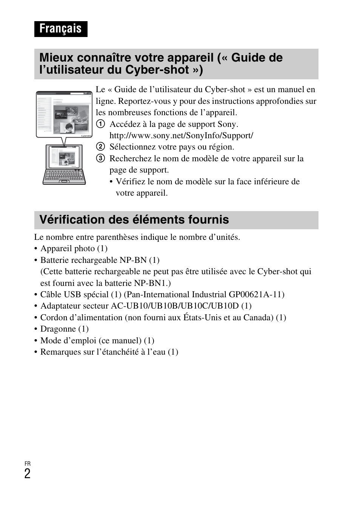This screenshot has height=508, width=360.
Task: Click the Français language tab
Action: (x=60, y=29)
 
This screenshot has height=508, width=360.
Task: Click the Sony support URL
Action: (x=181, y=136)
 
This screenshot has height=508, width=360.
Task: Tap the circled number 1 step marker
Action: (x=100, y=124)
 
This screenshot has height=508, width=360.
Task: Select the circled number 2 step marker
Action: (x=100, y=147)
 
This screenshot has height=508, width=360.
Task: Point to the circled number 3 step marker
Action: (x=100, y=159)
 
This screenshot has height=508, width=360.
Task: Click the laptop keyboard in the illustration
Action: (x=64, y=176)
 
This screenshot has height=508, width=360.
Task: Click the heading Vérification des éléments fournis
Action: (x=134, y=220)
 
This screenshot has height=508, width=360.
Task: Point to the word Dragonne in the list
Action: (x=58, y=329)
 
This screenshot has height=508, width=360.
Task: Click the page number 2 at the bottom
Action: (x=27, y=474)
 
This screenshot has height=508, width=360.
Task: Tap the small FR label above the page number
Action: (x=27, y=463)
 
